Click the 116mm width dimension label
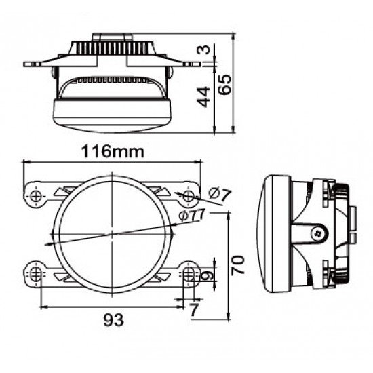113,151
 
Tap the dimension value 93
113,320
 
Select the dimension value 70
238,265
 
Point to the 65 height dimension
224,85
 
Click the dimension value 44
203,96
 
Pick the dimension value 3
203,50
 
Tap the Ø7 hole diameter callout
220,195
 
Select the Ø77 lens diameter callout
192,215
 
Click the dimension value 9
207,276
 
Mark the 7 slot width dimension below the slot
195,309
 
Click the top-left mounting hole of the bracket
36,197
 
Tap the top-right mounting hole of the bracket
189,196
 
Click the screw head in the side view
319,233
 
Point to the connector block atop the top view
112,37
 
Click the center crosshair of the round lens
112,235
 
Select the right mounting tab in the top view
192,64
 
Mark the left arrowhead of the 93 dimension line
43,307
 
